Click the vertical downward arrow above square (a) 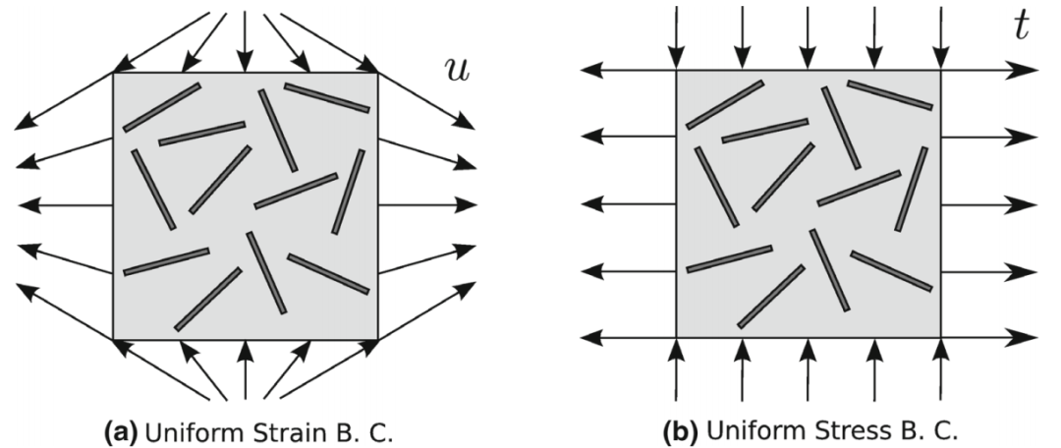245,39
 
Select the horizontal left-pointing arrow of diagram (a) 64,205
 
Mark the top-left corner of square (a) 114,73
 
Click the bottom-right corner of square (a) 377,339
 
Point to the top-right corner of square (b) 941,71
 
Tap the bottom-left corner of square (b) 677,338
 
